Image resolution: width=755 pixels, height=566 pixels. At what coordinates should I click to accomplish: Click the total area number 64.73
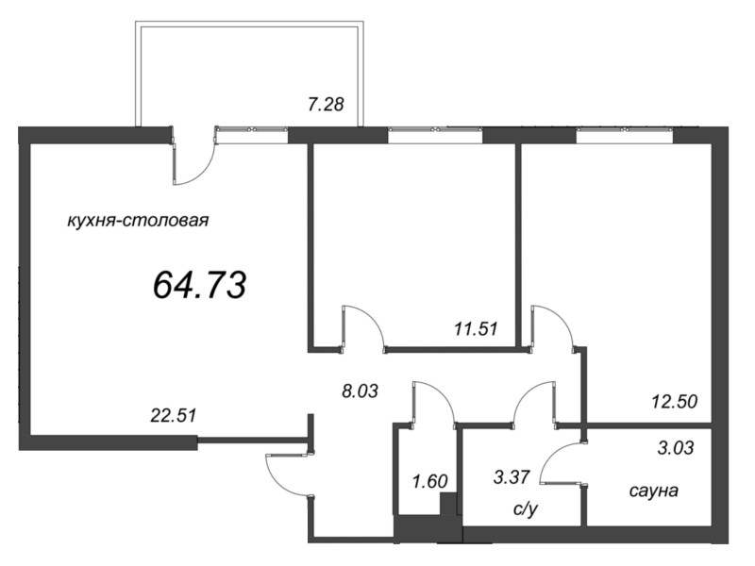[x=199, y=283]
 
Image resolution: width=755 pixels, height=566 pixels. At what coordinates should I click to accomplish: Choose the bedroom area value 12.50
[x=674, y=401]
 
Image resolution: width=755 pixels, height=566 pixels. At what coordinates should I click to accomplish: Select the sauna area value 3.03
[x=674, y=448]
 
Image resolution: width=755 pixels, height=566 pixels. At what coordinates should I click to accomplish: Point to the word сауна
[x=654, y=491]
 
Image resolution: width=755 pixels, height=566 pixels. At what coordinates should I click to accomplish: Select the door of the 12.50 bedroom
[x=555, y=326]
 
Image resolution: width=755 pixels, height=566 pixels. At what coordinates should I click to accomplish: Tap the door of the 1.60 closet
[x=433, y=401]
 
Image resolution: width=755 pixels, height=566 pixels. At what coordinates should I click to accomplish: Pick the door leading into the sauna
[x=566, y=462]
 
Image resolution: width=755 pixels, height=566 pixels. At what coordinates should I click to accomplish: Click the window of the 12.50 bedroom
[x=624, y=134]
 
